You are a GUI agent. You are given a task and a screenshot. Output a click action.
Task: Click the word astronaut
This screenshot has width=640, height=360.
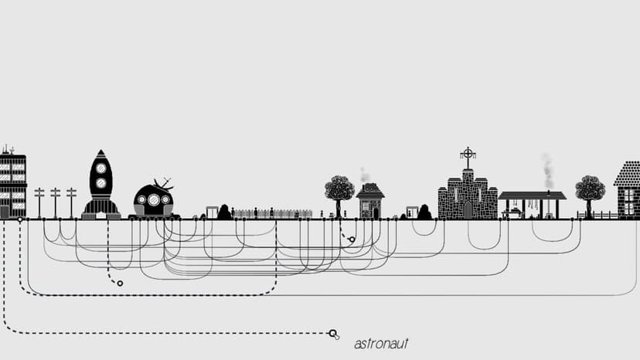(x=381, y=344)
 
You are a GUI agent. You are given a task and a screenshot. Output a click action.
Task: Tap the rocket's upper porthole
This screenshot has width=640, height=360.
(x=100, y=168)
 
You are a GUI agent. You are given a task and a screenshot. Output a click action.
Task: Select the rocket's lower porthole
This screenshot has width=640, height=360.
(x=100, y=183)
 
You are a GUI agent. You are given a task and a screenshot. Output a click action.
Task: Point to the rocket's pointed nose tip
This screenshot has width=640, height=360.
(x=100, y=150)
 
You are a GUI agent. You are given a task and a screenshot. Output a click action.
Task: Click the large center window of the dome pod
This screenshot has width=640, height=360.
(x=154, y=199)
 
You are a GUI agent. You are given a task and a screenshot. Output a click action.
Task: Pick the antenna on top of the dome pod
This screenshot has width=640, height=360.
(x=164, y=185)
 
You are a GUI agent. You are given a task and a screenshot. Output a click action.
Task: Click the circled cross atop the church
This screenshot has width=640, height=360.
(x=468, y=154)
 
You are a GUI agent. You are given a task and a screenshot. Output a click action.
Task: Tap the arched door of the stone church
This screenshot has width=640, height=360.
(x=468, y=210)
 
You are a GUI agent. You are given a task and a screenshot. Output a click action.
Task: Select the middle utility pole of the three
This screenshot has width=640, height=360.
(x=55, y=203)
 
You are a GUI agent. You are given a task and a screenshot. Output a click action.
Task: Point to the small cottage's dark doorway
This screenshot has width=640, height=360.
(x=376, y=213)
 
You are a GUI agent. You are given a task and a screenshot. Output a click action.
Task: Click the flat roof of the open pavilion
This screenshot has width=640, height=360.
(x=533, y=195)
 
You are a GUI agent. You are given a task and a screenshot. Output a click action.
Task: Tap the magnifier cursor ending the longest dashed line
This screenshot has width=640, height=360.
(x=333, y=335)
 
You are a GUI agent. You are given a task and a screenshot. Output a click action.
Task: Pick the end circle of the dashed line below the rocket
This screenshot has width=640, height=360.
(x=120, y=284)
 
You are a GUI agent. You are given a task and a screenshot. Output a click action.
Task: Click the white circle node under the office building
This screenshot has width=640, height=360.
(x=19, y=219)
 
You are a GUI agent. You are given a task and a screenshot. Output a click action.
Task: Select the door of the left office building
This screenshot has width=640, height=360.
(x=5, y=212)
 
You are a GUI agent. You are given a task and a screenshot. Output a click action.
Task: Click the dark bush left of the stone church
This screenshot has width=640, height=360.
(x=424, y=212)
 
